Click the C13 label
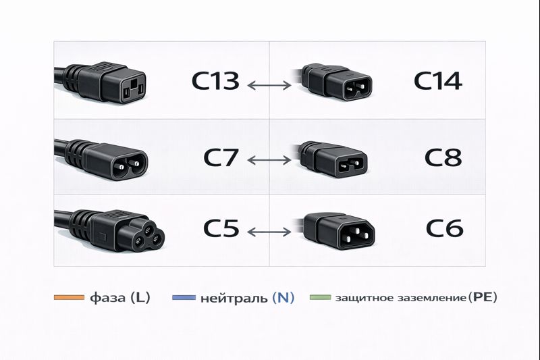pos(215,82)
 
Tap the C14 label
pos(437,82)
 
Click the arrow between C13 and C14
pos(269,86)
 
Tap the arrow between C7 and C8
pos(269,161)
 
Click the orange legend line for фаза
pos(67,297)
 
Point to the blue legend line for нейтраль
pos(184,297)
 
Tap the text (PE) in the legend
pos(482,297)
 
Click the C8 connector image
pos(332,159)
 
